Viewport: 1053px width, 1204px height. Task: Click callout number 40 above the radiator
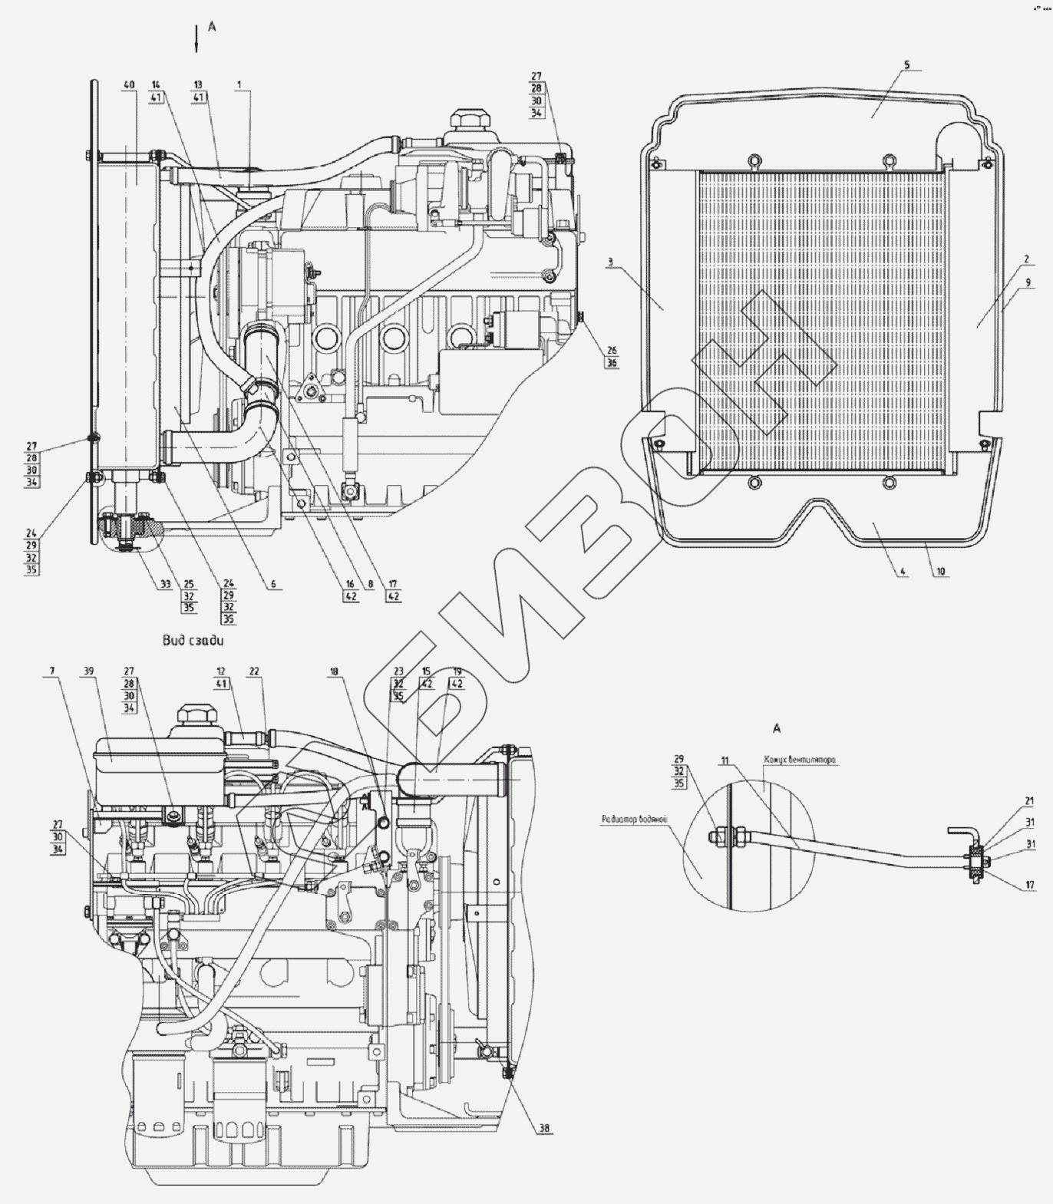click(x=129, y=84)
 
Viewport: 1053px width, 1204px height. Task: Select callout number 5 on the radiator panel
click(x=906, y=65)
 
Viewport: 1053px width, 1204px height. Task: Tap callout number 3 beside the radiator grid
click(x=609, y=262)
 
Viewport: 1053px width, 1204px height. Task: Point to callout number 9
click(x=1026, y=282)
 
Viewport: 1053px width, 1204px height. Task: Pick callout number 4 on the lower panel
click(x=903, y=572)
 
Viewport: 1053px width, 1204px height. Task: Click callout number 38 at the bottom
click(x=545, y=1128)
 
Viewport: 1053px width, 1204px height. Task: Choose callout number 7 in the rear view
click(x=52, y=671)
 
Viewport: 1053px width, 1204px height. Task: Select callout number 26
click(x=611, y=351)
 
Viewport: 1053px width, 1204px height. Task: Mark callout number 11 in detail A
click(x=724, y=760)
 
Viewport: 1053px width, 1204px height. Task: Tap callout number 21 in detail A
click(x=1028, y=801)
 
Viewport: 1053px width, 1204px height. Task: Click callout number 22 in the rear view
click(x=254, y=671)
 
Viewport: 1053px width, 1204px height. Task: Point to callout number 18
click(x=334, y=671)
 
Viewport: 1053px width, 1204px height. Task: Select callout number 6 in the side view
click(x=272, y=584)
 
